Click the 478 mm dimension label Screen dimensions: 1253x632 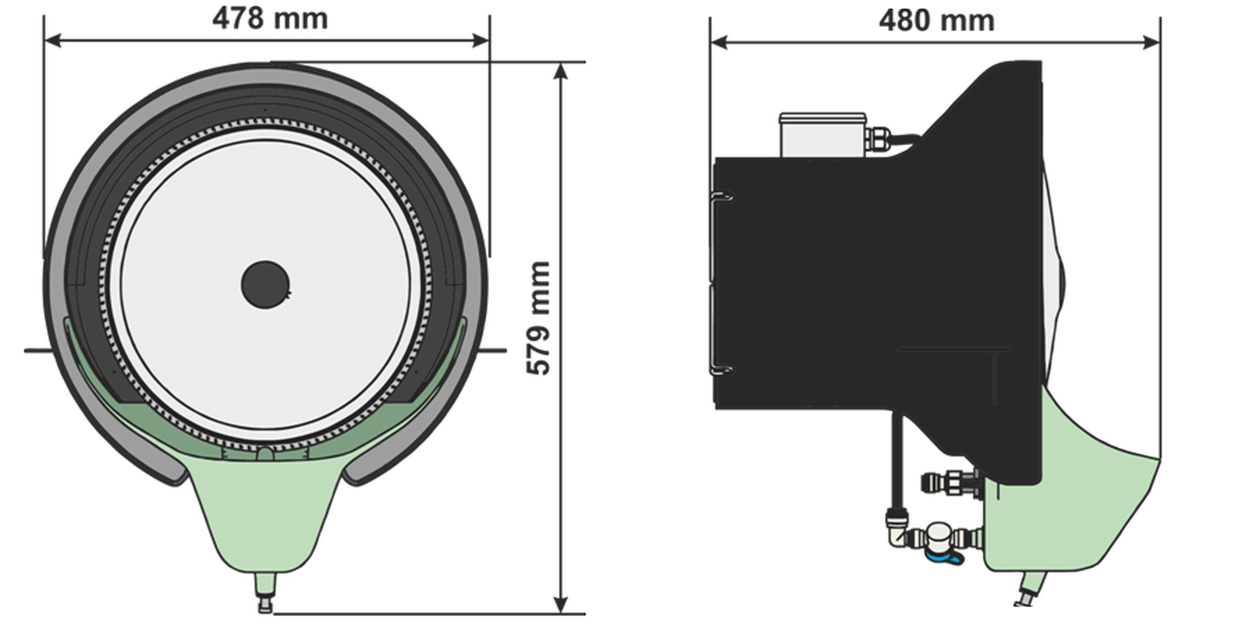(270, 18)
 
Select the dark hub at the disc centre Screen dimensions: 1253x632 (266, 284)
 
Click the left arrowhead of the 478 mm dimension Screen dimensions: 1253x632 (53, 41)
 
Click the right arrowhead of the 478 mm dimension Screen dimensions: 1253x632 (481, 41)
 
